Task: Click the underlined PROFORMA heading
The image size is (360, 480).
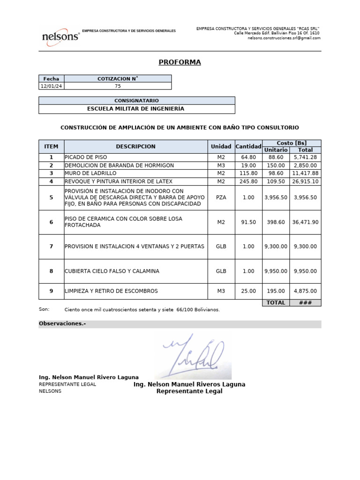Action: (180, 62)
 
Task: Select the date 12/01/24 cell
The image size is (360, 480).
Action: (52, 86)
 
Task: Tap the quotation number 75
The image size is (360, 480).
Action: (118, 86)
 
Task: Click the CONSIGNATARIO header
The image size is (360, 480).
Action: (136, 101)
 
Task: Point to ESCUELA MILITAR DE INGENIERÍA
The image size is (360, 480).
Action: (136, 109)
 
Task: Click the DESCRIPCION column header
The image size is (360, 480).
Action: (135, 147)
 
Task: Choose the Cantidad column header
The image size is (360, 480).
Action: (248, 147)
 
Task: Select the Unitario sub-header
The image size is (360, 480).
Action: (276, 150)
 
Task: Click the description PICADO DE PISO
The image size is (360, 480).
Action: (86, 157)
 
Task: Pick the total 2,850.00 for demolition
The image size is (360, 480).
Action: (305, 165)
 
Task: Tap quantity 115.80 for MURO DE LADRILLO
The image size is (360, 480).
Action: (248, 173)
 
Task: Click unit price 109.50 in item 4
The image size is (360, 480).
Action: (276, 181)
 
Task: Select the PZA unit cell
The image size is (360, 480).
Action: (221, 198)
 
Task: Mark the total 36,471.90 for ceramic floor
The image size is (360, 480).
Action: (305, 222)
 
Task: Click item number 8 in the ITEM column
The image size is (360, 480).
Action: (51, 271)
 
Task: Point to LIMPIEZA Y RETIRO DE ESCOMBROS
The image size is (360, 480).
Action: (111, 291)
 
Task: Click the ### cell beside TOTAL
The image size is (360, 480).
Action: (305, 303)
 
